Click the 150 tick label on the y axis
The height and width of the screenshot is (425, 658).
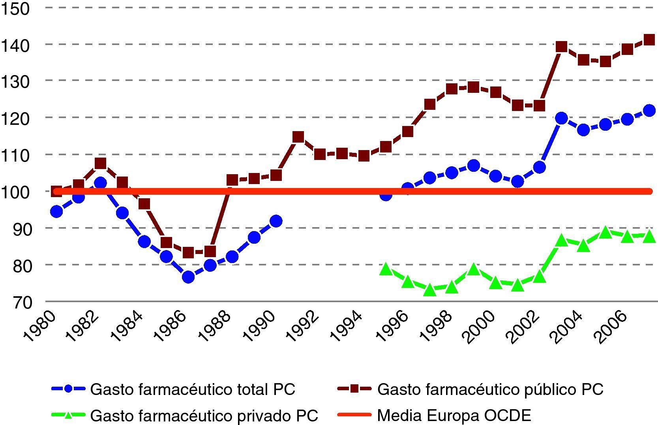click(15, 9)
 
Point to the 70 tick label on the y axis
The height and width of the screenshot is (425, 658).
click(21, 302)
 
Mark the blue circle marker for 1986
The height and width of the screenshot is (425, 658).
click(188, 277)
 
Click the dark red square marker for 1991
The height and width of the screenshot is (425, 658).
click(298, 137)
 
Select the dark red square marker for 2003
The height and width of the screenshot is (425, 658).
click(561, 47)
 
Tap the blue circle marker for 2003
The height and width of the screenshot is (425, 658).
click(561, 118)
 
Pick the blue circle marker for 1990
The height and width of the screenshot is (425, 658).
click(276, 221)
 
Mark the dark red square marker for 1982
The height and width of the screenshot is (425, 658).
click(101, 163)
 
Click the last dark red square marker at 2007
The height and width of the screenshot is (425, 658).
click(649, 39)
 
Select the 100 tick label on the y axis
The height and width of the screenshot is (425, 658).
click(15, 192)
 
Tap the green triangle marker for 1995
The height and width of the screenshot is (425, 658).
click(386, 270)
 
